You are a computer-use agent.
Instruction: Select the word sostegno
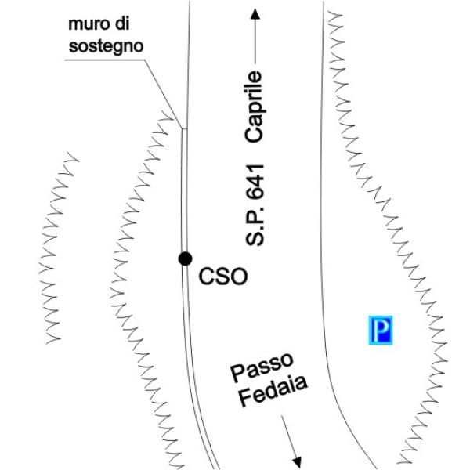coord(107,47)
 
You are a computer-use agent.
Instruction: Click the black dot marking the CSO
coord(185,259)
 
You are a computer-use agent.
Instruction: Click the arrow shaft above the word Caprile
coord(255,47)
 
